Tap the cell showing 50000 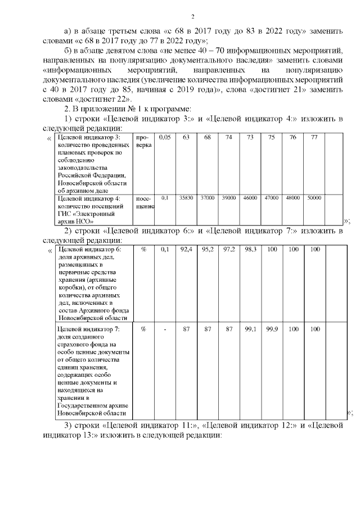coord(314,198)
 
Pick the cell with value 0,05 coord(165,137)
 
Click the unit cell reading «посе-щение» coord(144,202)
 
